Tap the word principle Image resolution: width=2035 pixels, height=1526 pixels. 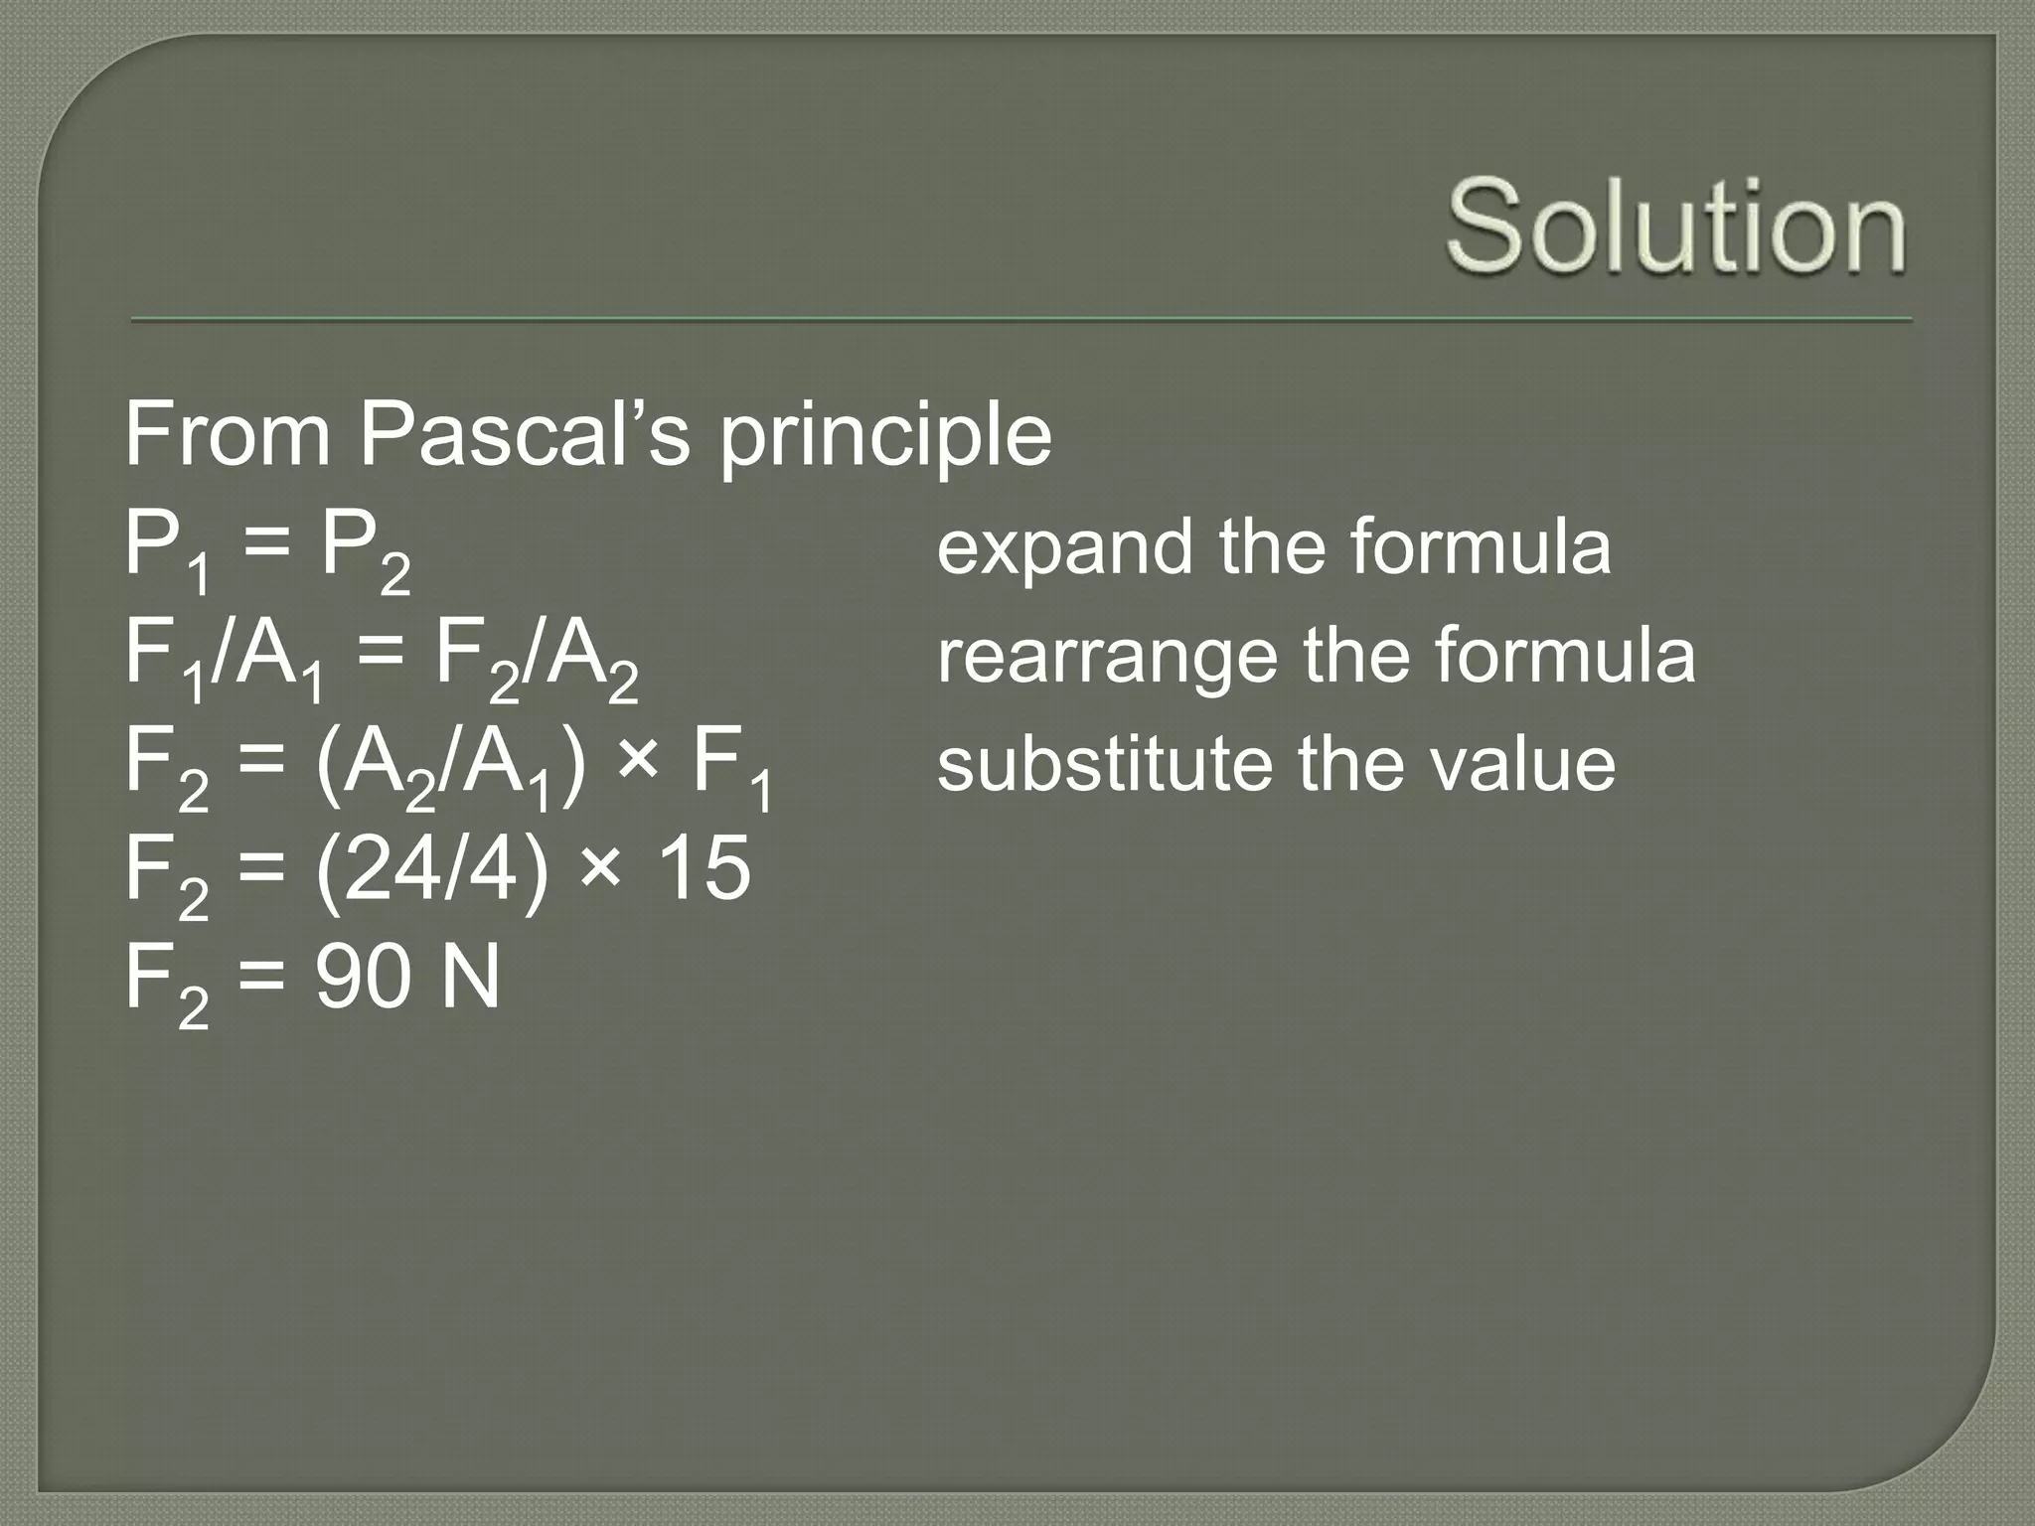click(x=885, y=437)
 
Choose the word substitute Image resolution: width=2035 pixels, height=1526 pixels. click(x=1104, y=764)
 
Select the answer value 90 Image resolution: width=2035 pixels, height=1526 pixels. click(x=363, y=979)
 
